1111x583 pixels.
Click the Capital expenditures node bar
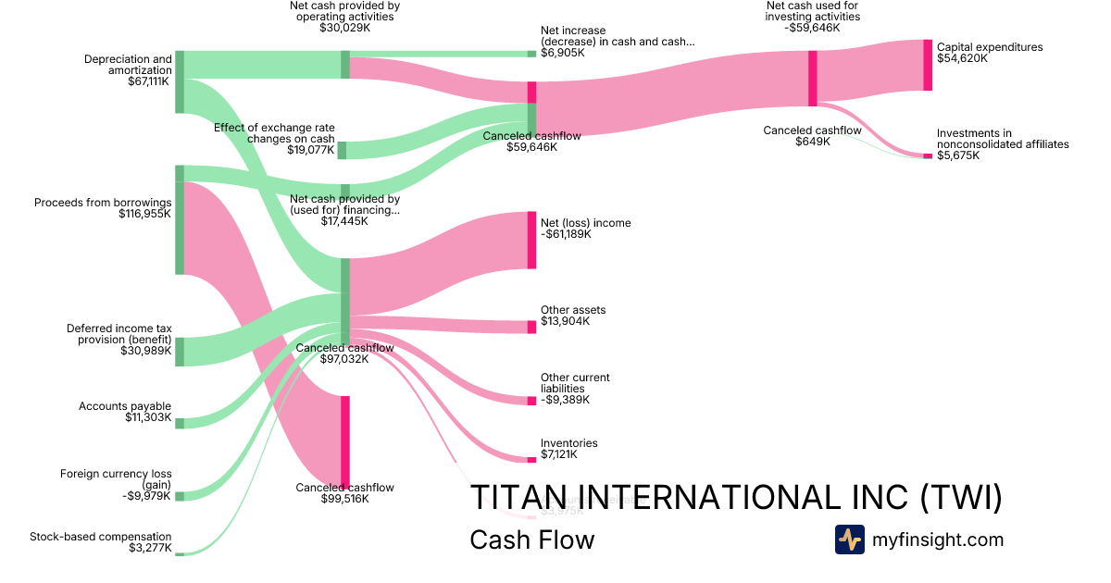pyautogui.click(x=928, y=65)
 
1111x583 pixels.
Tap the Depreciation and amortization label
pyautogui.click(x=128, y=64)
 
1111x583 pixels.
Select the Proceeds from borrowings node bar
pyautogui.click(x=180, y=219)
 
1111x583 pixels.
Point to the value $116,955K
pyautogui.click(x=144, y=214)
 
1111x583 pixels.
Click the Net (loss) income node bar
pyautogui.click(x=531, y=240)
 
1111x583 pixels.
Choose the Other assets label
pyautogui.click(x=573, y=310)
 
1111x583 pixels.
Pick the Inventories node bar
pyautogui.click(x=531, y=459)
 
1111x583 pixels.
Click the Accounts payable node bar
pyautogui.click(x=180, y=423)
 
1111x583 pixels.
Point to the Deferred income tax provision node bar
pyautogui.click(x=180, y=352)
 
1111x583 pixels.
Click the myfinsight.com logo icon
pyautogui.click(x=850, y=540)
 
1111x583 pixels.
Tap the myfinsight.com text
pyautogui.click(x=938, y=540)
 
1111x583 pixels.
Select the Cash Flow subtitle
pyautogui.click(x=531, y=540)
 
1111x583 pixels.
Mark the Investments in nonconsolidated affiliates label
pyautogui.click(x=1002, y=139)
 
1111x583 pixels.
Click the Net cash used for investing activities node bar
pyautogui.click(x=812, y=72)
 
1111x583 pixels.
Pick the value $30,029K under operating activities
pyautogui.click(x=344, y=28)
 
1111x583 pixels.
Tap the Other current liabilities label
pyautogui.click(x=575, y=383)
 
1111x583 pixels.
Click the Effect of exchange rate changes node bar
pyautogui.click(x=342, y=150)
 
